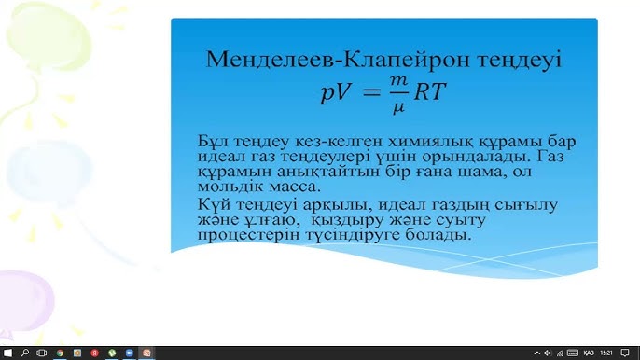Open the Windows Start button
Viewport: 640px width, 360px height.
coord(8,353)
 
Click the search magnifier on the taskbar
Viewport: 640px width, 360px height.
coord(24,353)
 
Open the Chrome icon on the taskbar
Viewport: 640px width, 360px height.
coord(61,353)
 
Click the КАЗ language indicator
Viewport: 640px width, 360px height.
coord(589,353)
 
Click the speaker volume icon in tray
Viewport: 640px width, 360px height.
coord(571,353)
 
